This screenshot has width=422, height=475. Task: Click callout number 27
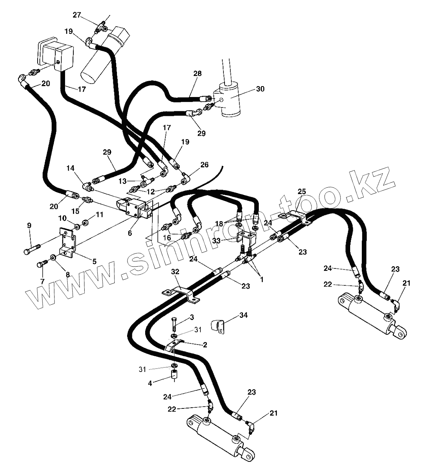(x=77, y=15)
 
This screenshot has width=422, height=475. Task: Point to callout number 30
(x=260, y=89)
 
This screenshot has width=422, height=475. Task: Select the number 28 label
(x=197, y=74)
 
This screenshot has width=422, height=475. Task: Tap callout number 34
(x=243, y=315)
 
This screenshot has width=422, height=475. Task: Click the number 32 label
(x=175, y=271)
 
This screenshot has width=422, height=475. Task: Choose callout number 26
(x=204, y=165)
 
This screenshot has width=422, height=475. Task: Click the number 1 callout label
(x=261, y=279)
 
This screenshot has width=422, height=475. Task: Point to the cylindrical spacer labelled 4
(x=174, y=375)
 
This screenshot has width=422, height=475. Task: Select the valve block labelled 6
(x=134, y=209)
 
